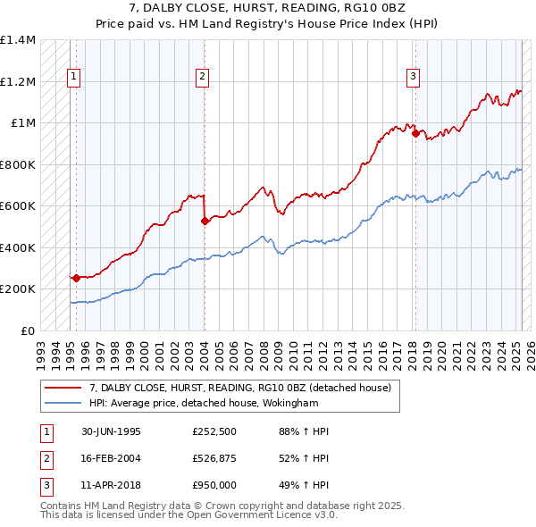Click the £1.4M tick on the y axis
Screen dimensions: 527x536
point(18,40)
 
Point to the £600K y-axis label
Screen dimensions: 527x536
point(18,206)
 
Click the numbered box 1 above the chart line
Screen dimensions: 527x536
point(73,78)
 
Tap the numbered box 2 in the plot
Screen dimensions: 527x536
point(203,78)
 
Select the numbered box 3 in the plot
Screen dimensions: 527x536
point(414,78)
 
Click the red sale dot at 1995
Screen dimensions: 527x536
point(76,278)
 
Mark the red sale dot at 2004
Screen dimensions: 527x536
point(205,221)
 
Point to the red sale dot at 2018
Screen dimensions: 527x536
point(415,133)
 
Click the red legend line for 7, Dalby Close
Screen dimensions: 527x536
point(63,389)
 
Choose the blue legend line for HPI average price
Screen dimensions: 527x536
point(63,404)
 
